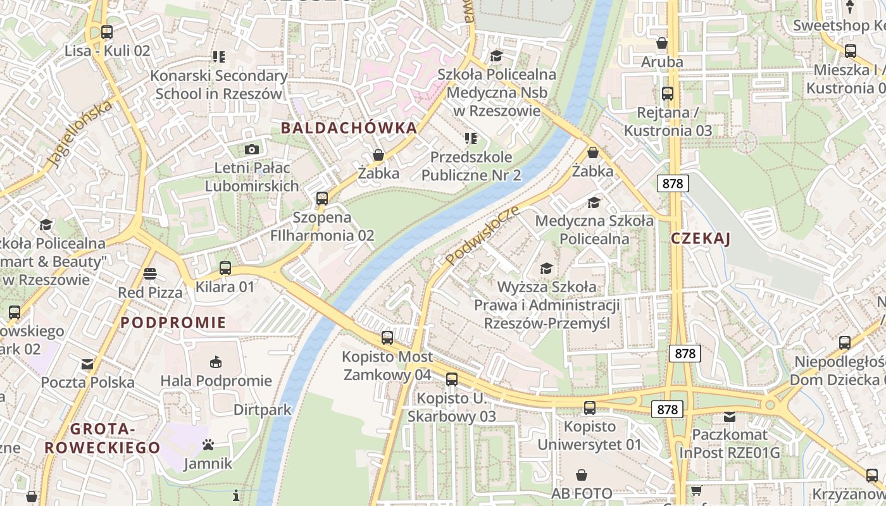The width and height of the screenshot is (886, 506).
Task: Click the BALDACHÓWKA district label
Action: point(349,128)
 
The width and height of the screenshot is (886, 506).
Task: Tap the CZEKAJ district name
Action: point(700,238)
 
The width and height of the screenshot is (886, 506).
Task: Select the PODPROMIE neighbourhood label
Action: point(173,323)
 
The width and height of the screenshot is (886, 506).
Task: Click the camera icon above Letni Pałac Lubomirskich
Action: point(252,149)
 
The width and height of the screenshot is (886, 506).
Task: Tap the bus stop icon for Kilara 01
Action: point(225,268)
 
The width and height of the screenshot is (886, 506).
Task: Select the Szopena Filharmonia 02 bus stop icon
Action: point(322,198)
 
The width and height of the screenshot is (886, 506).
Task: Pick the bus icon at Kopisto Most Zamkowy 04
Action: point(387,338)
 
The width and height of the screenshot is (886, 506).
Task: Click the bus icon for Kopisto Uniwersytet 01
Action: point(590,407)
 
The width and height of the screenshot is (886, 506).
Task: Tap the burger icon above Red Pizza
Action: point(150,273)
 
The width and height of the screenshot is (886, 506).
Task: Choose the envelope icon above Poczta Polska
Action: point(87,364)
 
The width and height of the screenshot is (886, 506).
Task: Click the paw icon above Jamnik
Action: point(208,445)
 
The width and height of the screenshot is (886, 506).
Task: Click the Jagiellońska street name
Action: point(79,134)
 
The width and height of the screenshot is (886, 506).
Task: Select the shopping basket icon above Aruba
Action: point(662,43)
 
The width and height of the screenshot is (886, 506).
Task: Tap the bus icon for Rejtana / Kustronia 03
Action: point(668,94)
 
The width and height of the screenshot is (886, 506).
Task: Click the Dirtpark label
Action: point(263,409)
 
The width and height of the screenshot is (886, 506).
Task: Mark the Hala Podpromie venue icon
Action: point(216,362)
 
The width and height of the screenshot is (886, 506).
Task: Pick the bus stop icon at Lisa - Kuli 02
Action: point(107,32)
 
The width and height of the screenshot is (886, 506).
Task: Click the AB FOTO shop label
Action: point(582,493)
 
